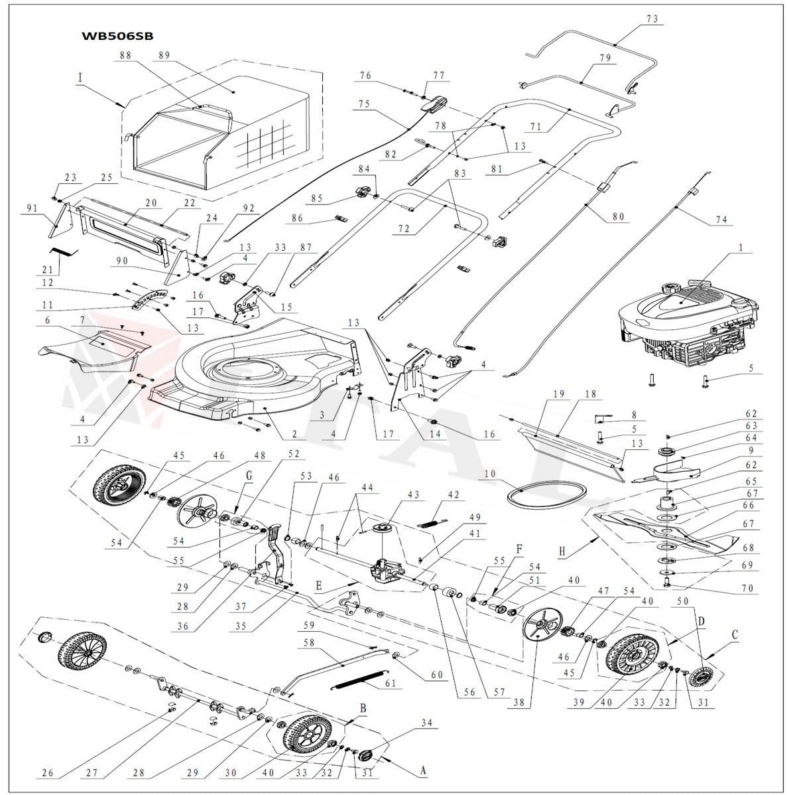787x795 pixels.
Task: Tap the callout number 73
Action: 653,19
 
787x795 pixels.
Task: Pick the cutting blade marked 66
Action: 663,530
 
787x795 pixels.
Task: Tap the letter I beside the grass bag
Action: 80,78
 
